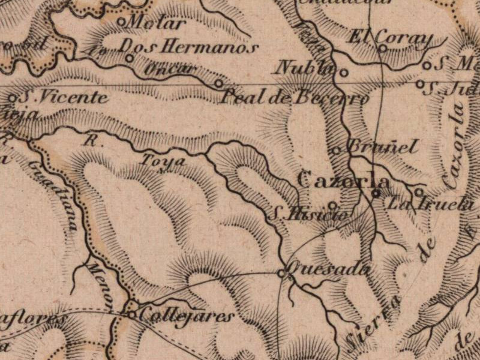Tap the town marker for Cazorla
click(x=376, y=193)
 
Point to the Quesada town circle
click(x=281, y=273)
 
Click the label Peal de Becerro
click(x=295, y=97)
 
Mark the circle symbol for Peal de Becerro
click(x=218, y=83)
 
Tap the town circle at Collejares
click(x=132, y=313)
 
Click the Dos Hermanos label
click(x=189, y=47)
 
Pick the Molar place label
click(x=155, y=24)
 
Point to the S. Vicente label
click(x=64, y=97)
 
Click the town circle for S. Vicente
click(x=13, y=97)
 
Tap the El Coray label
click(x=391, y=38)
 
